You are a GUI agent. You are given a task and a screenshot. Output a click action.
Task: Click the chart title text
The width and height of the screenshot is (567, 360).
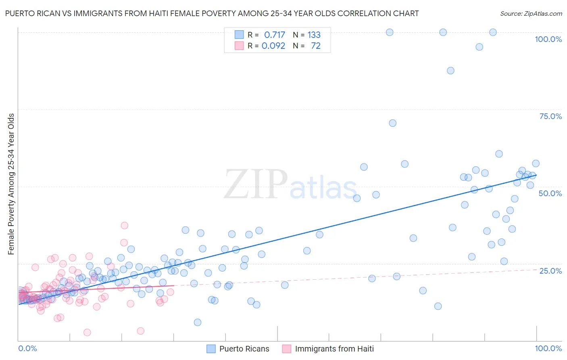pos(212,13)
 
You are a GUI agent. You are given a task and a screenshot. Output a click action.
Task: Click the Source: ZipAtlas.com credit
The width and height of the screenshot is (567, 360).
pos(531,13)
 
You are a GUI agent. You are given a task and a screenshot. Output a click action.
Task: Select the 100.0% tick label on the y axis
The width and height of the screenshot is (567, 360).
pos(548,39)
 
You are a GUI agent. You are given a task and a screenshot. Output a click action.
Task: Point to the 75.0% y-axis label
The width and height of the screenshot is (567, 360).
pos(550,116)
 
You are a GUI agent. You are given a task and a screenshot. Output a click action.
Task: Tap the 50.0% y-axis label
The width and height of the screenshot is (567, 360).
pos(550,193)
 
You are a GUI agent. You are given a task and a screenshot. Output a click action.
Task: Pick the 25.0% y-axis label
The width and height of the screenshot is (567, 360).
pos(550,270)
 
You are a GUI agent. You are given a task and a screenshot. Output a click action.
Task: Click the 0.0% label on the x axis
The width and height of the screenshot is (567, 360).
pos(27,348)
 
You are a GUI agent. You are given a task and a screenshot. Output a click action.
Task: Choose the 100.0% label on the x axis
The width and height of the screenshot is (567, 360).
pos(548,348)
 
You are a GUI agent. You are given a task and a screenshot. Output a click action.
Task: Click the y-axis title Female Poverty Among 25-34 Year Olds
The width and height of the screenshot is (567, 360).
pos(11,184)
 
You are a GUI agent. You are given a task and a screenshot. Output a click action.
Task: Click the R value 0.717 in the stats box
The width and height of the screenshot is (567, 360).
pos(274,35)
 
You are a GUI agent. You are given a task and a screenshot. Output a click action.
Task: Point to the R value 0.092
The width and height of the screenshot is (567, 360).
pos(273,46)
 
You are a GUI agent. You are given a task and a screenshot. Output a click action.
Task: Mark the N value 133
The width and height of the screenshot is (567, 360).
pos(314,35)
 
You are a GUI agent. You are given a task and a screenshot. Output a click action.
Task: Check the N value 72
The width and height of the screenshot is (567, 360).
pos(316,46)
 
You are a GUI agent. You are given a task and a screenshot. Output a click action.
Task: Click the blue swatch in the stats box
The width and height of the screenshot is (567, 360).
pos(239,35)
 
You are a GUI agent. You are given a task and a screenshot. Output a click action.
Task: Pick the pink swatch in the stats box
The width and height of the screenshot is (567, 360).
pos(239,46)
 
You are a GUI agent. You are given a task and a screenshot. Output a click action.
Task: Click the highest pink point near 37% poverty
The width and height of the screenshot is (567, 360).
pos(124,226)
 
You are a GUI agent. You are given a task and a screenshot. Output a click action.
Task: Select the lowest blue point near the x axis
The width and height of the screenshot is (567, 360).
pos(197,322)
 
